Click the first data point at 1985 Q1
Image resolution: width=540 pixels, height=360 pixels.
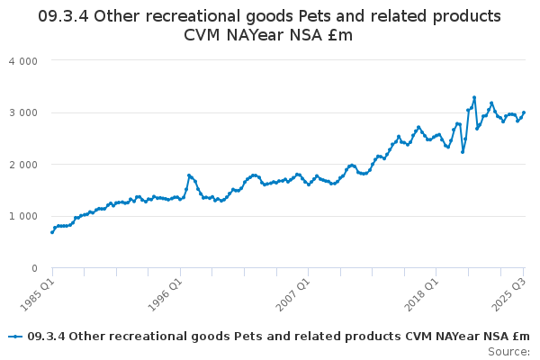(x=52, y=232)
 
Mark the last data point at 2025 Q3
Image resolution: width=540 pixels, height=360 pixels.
(x=524, y=112)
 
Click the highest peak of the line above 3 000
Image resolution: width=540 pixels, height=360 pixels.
(x=474, y=97)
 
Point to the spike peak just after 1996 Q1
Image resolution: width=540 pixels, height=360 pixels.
(x=189, y=175)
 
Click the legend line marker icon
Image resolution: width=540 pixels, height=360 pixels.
(x=15, y=337)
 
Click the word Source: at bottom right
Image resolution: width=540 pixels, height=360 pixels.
(x=509, y=351)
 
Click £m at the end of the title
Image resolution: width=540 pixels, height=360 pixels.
(x=338, y=35)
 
